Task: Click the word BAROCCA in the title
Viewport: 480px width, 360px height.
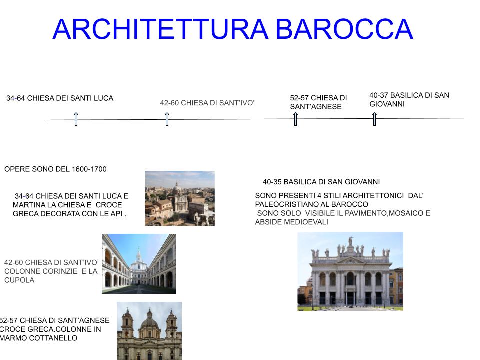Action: coord(344,29)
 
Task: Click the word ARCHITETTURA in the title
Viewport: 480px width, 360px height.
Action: coord(160,29)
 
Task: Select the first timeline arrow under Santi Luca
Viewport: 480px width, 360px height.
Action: coord(76,119)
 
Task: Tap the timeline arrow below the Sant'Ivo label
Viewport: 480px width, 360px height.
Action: coord(167,119)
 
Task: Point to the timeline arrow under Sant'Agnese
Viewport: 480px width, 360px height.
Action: coord(295,119)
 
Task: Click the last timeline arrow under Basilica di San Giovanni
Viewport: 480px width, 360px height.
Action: coord(374,119)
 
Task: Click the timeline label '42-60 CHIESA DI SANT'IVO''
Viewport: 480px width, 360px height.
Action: coord(207,103)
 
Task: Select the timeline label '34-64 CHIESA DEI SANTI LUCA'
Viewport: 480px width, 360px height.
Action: coord(60,98)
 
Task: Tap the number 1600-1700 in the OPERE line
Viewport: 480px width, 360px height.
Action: coord(89,169)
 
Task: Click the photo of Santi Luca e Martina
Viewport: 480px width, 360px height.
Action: coord(180,198)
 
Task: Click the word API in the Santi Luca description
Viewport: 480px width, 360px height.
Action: coord(116,214)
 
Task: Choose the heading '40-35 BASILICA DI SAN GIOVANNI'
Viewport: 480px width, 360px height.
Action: coord(321,182)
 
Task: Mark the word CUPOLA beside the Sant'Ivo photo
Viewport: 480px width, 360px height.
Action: coord(19,280)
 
